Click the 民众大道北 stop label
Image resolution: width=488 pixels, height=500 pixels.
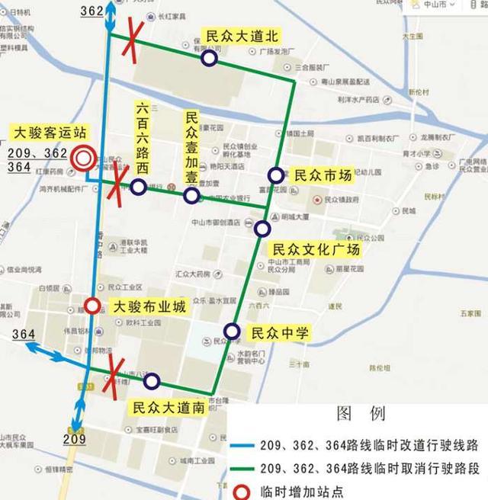pos(240,36)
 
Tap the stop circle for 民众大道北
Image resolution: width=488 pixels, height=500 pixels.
pos(209,58)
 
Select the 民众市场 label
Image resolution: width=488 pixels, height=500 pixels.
pos(323,176)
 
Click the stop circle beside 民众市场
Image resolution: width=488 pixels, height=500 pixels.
pos(275,175)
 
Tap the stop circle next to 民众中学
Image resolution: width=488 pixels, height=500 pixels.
pos(233,332)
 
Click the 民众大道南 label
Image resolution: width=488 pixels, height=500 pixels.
pos(168,407)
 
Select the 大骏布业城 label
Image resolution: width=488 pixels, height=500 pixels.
pos(149,307)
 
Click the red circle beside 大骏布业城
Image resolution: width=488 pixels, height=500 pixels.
pos(91,306)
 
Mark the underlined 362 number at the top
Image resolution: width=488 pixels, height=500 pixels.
pos(91,11)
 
